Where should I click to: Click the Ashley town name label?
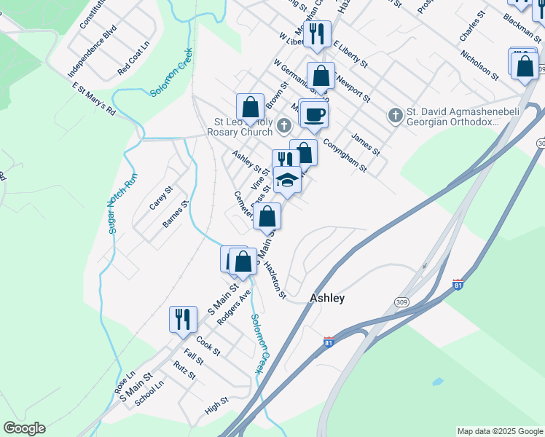click(x=327, y=298)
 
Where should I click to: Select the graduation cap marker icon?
click(x=287, y=180)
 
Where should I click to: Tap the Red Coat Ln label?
click(x=133, y=63)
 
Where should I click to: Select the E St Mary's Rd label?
click(x=94, y=99)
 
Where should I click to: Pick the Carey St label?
click(x=160, y=197)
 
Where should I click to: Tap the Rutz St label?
click(x=184, y=371)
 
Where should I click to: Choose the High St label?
click(x=216, y=405)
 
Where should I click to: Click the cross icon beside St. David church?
click(x=395, y=116)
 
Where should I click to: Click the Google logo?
click(x=24, y=428)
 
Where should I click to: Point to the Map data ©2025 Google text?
click(x=500, y=431)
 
